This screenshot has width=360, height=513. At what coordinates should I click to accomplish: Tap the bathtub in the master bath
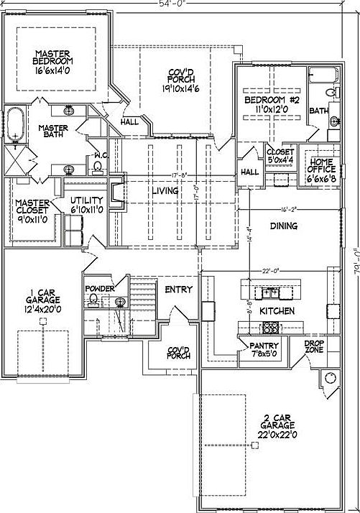(16, 125)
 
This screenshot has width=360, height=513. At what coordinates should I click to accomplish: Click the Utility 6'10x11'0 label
(88, 205)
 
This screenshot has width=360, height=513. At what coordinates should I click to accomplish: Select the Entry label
(178, 290)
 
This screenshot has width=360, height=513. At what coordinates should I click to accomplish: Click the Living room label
(165, 191)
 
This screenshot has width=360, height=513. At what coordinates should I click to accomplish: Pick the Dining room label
(284, 226)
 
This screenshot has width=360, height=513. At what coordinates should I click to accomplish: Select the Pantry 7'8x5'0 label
(264, 350)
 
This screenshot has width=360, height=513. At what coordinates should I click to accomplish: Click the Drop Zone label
(314, 346)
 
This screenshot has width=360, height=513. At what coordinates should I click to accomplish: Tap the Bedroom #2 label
(266, 104)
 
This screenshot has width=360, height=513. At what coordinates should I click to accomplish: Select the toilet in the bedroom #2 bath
(331, 92)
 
